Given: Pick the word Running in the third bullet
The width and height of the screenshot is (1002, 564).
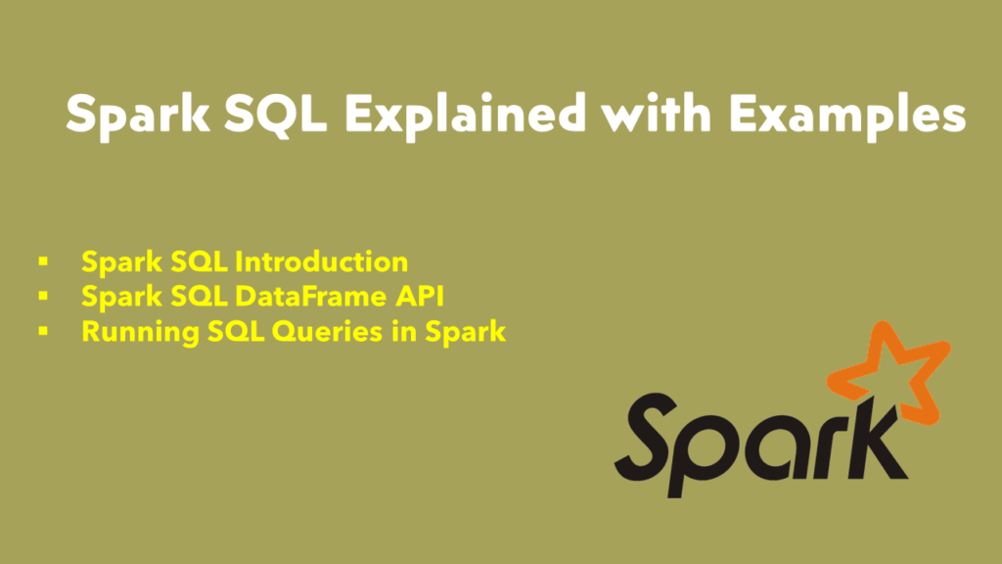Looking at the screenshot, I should pyautogui.click(x=125, y=331).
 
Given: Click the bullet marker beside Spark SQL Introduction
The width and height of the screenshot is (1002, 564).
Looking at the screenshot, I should pyautogui.click(x=43, y=262).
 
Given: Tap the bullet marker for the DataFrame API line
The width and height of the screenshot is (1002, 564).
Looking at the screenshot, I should pyautogui.click(x=43, y=297).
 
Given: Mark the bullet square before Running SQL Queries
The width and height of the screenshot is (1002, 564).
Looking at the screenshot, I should pyautogui.click(x=43, y=331).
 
